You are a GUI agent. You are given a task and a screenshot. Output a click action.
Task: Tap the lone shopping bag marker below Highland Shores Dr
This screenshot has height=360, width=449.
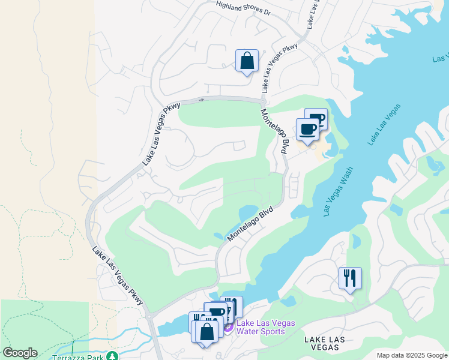[247, 61]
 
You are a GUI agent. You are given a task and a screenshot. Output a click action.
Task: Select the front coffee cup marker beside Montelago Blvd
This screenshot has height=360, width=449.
[308, 130]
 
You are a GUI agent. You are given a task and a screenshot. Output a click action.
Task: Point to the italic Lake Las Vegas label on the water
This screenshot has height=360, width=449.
[384, 124]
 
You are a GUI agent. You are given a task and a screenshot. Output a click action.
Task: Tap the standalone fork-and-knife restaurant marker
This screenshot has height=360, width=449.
[350, 278]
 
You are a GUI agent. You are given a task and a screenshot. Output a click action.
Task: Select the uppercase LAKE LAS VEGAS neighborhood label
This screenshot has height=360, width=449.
[324, 344]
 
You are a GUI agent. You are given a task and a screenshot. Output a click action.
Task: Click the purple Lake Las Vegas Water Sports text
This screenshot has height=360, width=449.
[265, 327]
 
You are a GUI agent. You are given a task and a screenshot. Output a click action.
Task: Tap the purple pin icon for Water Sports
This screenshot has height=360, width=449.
[228, 328]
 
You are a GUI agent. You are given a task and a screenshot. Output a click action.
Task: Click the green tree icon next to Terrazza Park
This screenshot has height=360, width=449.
[110, 355]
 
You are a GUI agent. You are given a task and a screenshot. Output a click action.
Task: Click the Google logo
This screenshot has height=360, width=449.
[20, 353]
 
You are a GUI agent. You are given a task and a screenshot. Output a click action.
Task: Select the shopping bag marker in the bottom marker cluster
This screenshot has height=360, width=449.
[206, 331]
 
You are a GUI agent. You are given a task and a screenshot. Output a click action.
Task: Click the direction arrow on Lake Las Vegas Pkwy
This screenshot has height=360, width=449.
[202, 100]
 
